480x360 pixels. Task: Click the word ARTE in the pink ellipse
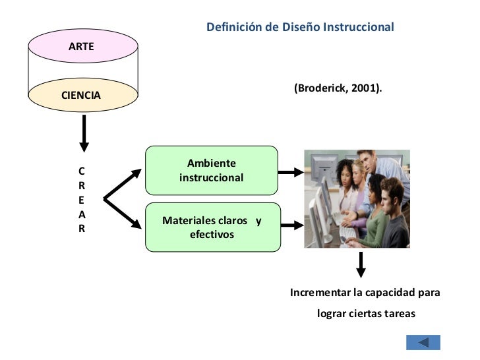[x=81, y=47]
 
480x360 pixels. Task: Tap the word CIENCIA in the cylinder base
[x=81, y=95]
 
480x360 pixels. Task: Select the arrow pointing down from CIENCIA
[x=84, y=133]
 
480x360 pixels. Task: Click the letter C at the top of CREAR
[x=82, y=171]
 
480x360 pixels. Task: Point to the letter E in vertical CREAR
[x=82, y=200]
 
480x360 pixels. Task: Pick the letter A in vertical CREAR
[x=82, y=214]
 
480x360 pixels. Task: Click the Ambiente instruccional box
[x=212, y=170]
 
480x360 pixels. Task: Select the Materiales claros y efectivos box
[x=213, y=227]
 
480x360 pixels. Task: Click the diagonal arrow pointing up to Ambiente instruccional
[x=123, y=184]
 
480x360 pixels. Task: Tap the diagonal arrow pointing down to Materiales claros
[x=123, y=214]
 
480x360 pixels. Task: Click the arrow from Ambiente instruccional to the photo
[x=291, y=172]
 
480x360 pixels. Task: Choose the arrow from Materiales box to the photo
[x=292, y=225]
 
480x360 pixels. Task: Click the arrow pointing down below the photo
[x=361, y=265]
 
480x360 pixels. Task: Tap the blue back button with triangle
[x=423, y=343]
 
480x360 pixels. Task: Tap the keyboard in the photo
[x=348, y=233]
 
